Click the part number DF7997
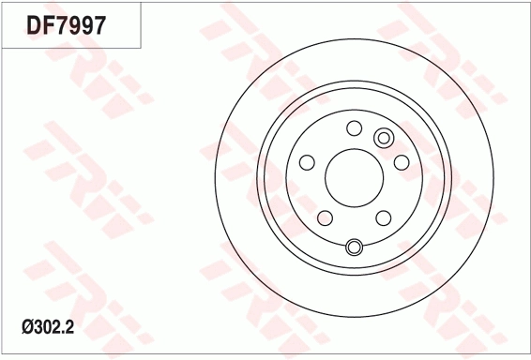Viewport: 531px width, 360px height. tap(67, 25)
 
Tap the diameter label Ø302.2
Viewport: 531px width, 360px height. tap(48, 327)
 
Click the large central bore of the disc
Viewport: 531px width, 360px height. tap(354, 178)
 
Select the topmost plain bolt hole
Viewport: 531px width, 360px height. tap(355, 128)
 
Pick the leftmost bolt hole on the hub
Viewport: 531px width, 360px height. tap(307, 162)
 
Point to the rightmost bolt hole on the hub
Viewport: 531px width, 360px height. tap(402, 162)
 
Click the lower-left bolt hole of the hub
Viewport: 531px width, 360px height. tap(326, 217)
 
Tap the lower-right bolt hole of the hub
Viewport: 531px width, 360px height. tap(384, 217)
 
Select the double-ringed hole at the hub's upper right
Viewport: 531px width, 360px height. tap(384, 138)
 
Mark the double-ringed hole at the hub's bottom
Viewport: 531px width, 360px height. tap(354, 247)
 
